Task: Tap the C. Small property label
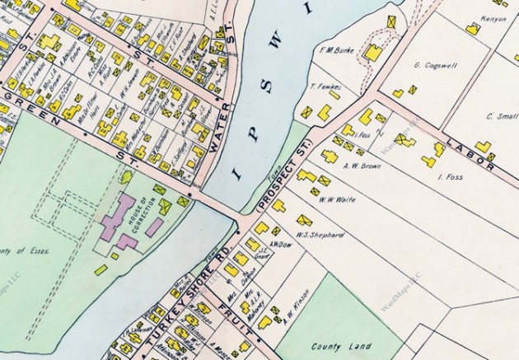[501, 117]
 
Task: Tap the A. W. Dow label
[281, 245]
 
